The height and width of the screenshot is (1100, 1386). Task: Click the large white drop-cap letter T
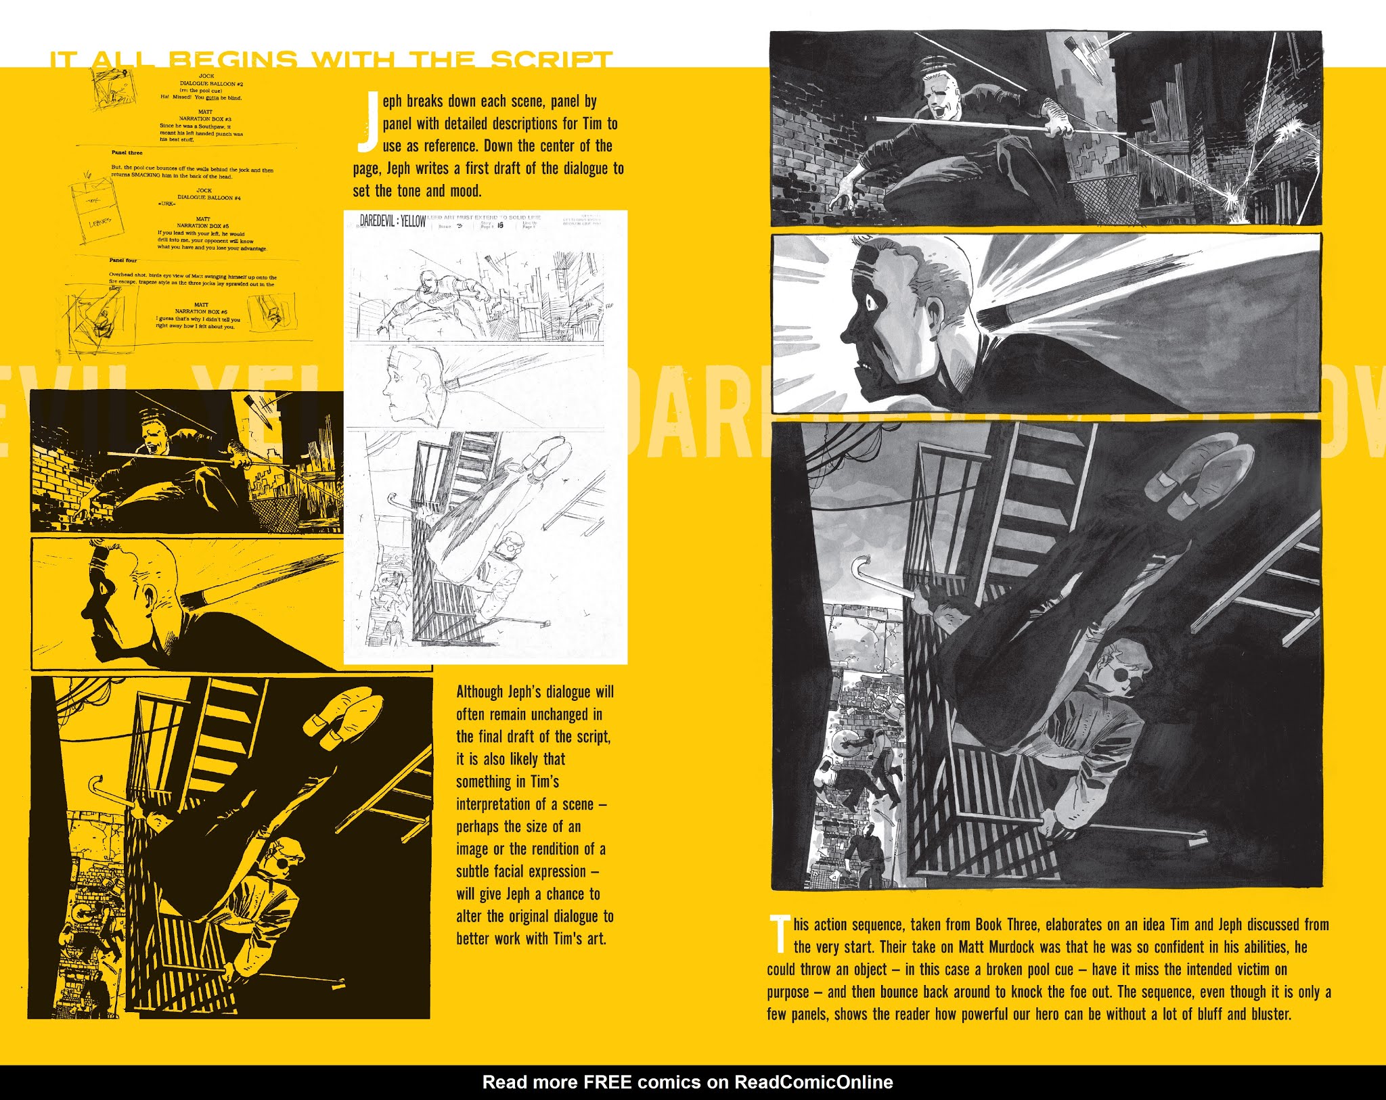click(780, 933)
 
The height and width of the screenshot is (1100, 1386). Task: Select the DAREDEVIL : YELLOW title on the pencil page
click(393, 221)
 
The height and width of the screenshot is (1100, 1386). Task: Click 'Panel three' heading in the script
click(127, 153)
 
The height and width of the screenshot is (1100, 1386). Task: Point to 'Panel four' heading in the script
click(123, 260)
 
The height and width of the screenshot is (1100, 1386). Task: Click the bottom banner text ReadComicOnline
click(813, 1082)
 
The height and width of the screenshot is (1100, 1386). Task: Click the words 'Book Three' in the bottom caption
click(1006, 925)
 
